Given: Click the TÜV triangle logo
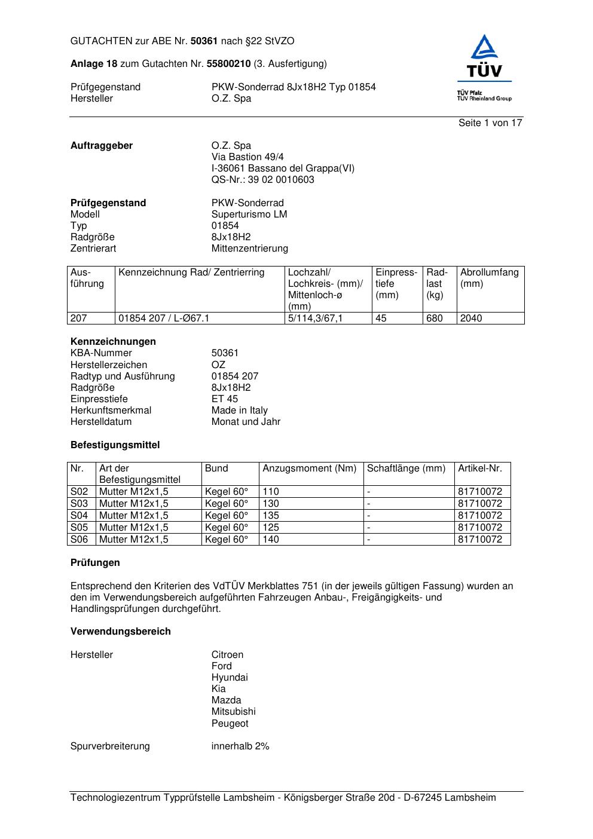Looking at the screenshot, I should click(x=484, y=56).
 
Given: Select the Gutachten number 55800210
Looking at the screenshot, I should click(x=228, y=63).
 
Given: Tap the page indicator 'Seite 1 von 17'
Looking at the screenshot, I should click(x=490, y=123).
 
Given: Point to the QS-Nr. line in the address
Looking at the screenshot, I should click(x=262, y=179).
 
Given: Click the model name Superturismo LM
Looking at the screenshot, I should click(x=249, y=214).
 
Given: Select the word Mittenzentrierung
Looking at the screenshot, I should click(x=249, y=248).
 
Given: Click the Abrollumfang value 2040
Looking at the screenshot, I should click(x=471, y=318).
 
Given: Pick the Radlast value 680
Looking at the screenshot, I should click(x=435, y=318).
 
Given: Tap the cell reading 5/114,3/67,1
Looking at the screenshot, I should click(x=316, y=318).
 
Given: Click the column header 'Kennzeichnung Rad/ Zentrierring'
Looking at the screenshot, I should click(x=191, y=272).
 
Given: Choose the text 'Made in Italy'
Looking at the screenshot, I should click(x=239, y=410).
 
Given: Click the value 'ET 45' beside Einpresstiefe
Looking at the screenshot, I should click(x=224, y=399).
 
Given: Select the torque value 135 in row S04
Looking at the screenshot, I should click(x=271, y=515).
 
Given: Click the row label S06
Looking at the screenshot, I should click(x=80, y=539).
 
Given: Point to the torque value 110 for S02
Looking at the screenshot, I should click(x=271, y=491).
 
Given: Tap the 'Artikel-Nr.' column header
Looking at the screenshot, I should click(x=480, y=469).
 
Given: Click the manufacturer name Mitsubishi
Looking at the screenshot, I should click(x=233, y=711).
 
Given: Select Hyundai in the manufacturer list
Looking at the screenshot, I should click(x=229, y=677).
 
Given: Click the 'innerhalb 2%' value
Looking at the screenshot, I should click(x=240, y=746).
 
